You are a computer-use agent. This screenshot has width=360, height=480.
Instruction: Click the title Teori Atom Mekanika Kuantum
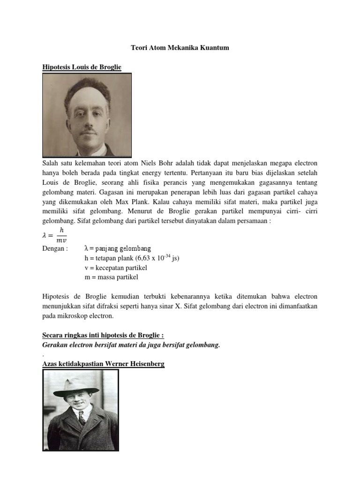point(180,48)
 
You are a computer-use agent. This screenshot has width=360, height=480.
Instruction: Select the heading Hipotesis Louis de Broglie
point(82,67)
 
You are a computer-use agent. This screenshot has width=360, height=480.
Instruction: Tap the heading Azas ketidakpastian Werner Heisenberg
point(103,364)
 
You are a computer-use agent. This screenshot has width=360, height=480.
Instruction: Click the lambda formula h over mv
point(55,234)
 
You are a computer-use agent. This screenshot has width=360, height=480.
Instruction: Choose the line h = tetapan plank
point(132,258)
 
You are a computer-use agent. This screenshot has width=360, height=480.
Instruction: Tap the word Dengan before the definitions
point(55,248)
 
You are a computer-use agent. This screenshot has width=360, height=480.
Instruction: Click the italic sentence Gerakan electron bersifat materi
point(131,345)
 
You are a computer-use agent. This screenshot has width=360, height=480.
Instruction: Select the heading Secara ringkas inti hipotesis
point(103,336)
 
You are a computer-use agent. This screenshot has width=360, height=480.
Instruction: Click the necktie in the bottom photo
point(82,418)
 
